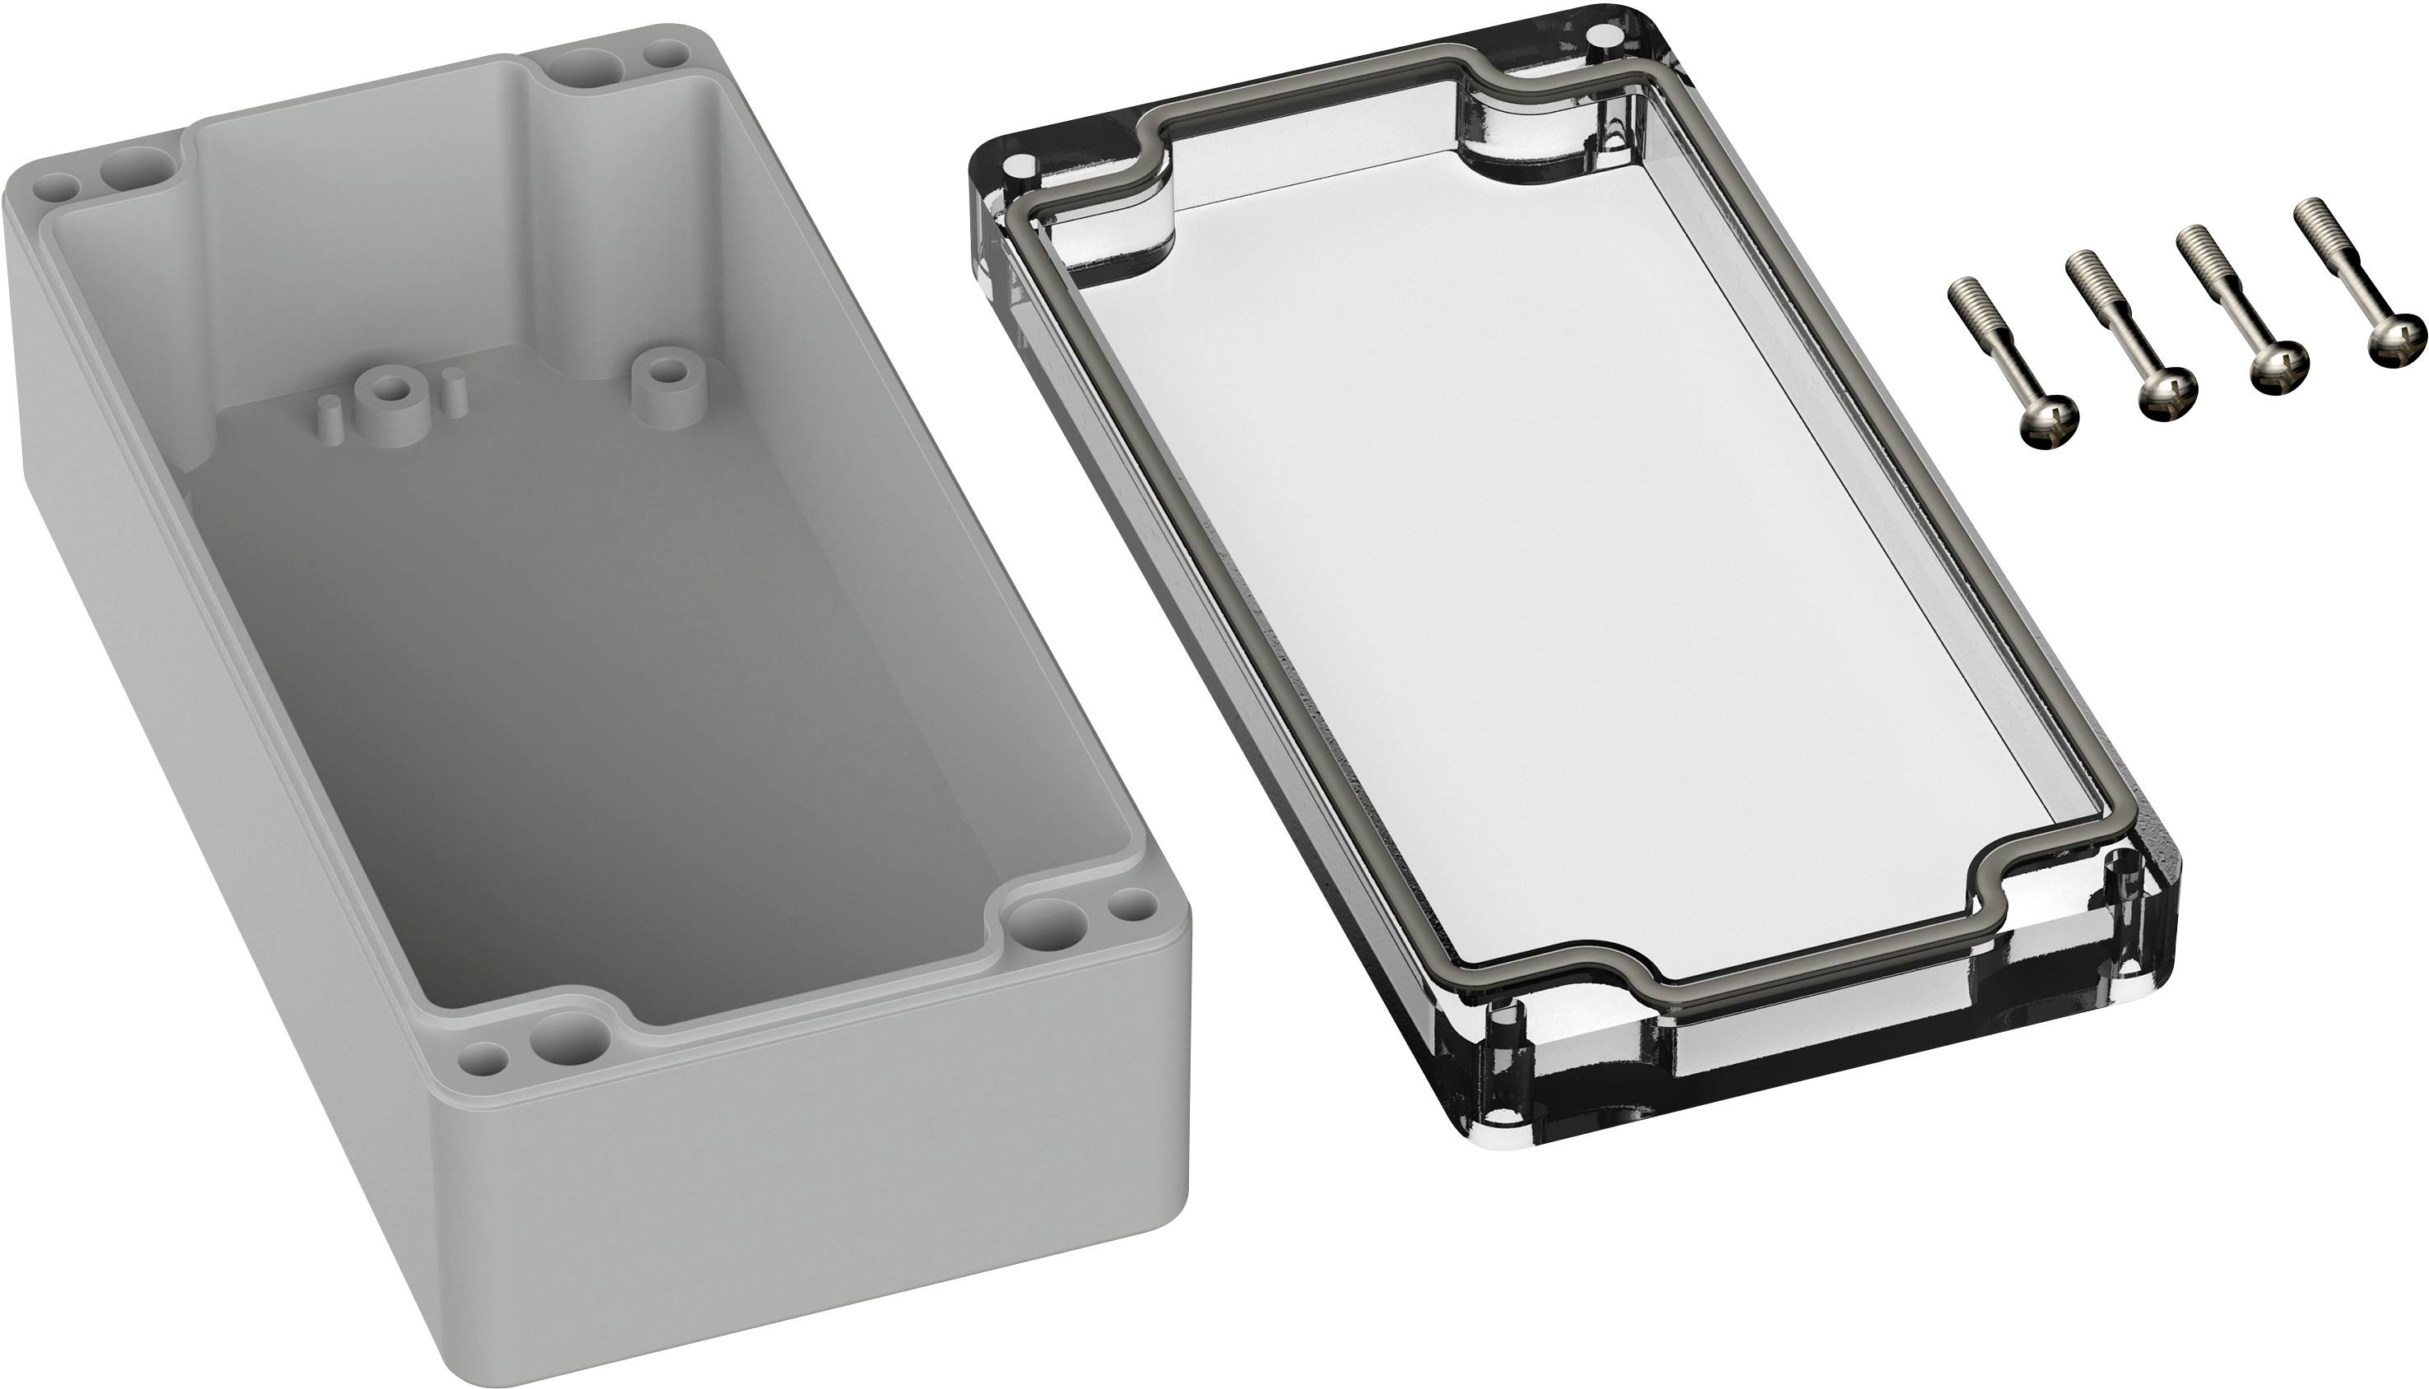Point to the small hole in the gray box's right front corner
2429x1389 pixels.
pyautogui.click(x=1135, y=904)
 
